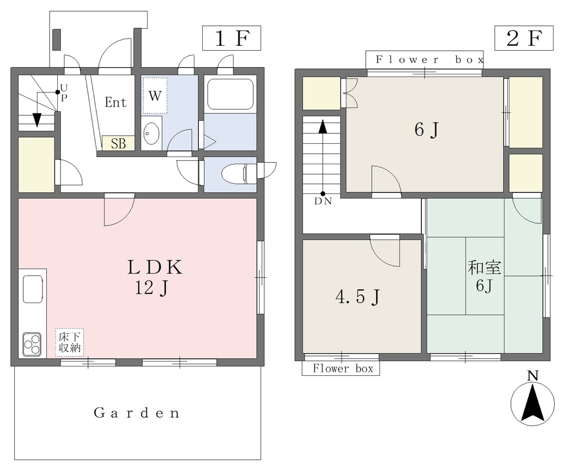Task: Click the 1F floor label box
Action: click(x=231, y=38)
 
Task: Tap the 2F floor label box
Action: click(x=524, y=38)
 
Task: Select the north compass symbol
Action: click(x=533, y=399)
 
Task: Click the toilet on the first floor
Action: click(x=239, y=174)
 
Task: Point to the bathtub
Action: click(x=231, y=94)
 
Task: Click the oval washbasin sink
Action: click(x=151, y=133)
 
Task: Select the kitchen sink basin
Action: click(x=32, y=289)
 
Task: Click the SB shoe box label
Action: click(x=118, y=144)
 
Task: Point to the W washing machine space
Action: click(x=155, y=96)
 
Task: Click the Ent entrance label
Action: click(x=116, y=103)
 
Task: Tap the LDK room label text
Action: click(x=155, y=267)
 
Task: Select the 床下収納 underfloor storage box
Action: click(x=70, y=342)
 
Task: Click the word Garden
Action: click(x=137, y=413)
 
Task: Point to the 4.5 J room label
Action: click(x=358, y=297)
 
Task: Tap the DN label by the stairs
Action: click(x=323, y=202)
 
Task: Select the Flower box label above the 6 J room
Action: click(x=430, y=60)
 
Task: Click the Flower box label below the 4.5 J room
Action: click(x=343, y=369)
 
